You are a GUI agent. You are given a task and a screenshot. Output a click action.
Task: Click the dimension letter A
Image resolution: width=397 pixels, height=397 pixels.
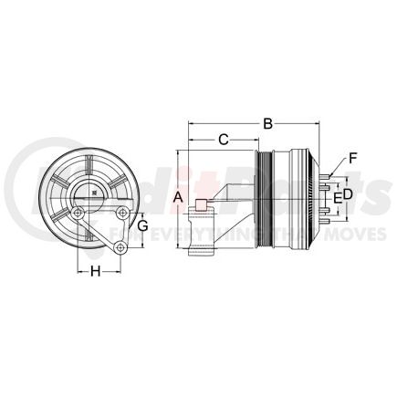179,198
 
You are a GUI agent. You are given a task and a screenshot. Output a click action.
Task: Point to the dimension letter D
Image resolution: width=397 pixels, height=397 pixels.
347,194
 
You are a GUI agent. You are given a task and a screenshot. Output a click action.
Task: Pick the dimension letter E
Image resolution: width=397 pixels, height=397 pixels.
337,196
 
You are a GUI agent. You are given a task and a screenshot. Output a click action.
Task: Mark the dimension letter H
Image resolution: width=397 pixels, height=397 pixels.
94,270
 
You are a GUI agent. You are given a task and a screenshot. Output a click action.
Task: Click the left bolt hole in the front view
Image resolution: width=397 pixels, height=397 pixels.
80,214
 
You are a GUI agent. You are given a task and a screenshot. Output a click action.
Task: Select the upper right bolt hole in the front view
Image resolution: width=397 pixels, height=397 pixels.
122,214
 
